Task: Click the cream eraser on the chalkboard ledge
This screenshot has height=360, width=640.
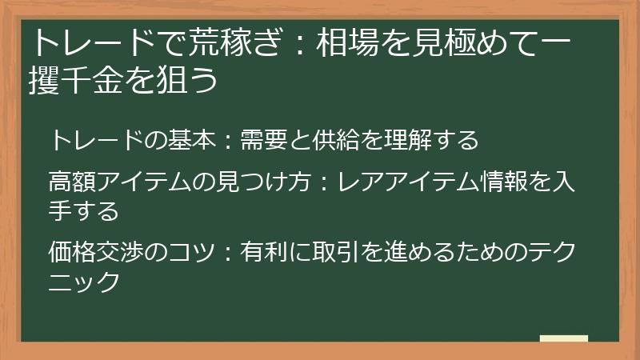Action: (x=563, y=338)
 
